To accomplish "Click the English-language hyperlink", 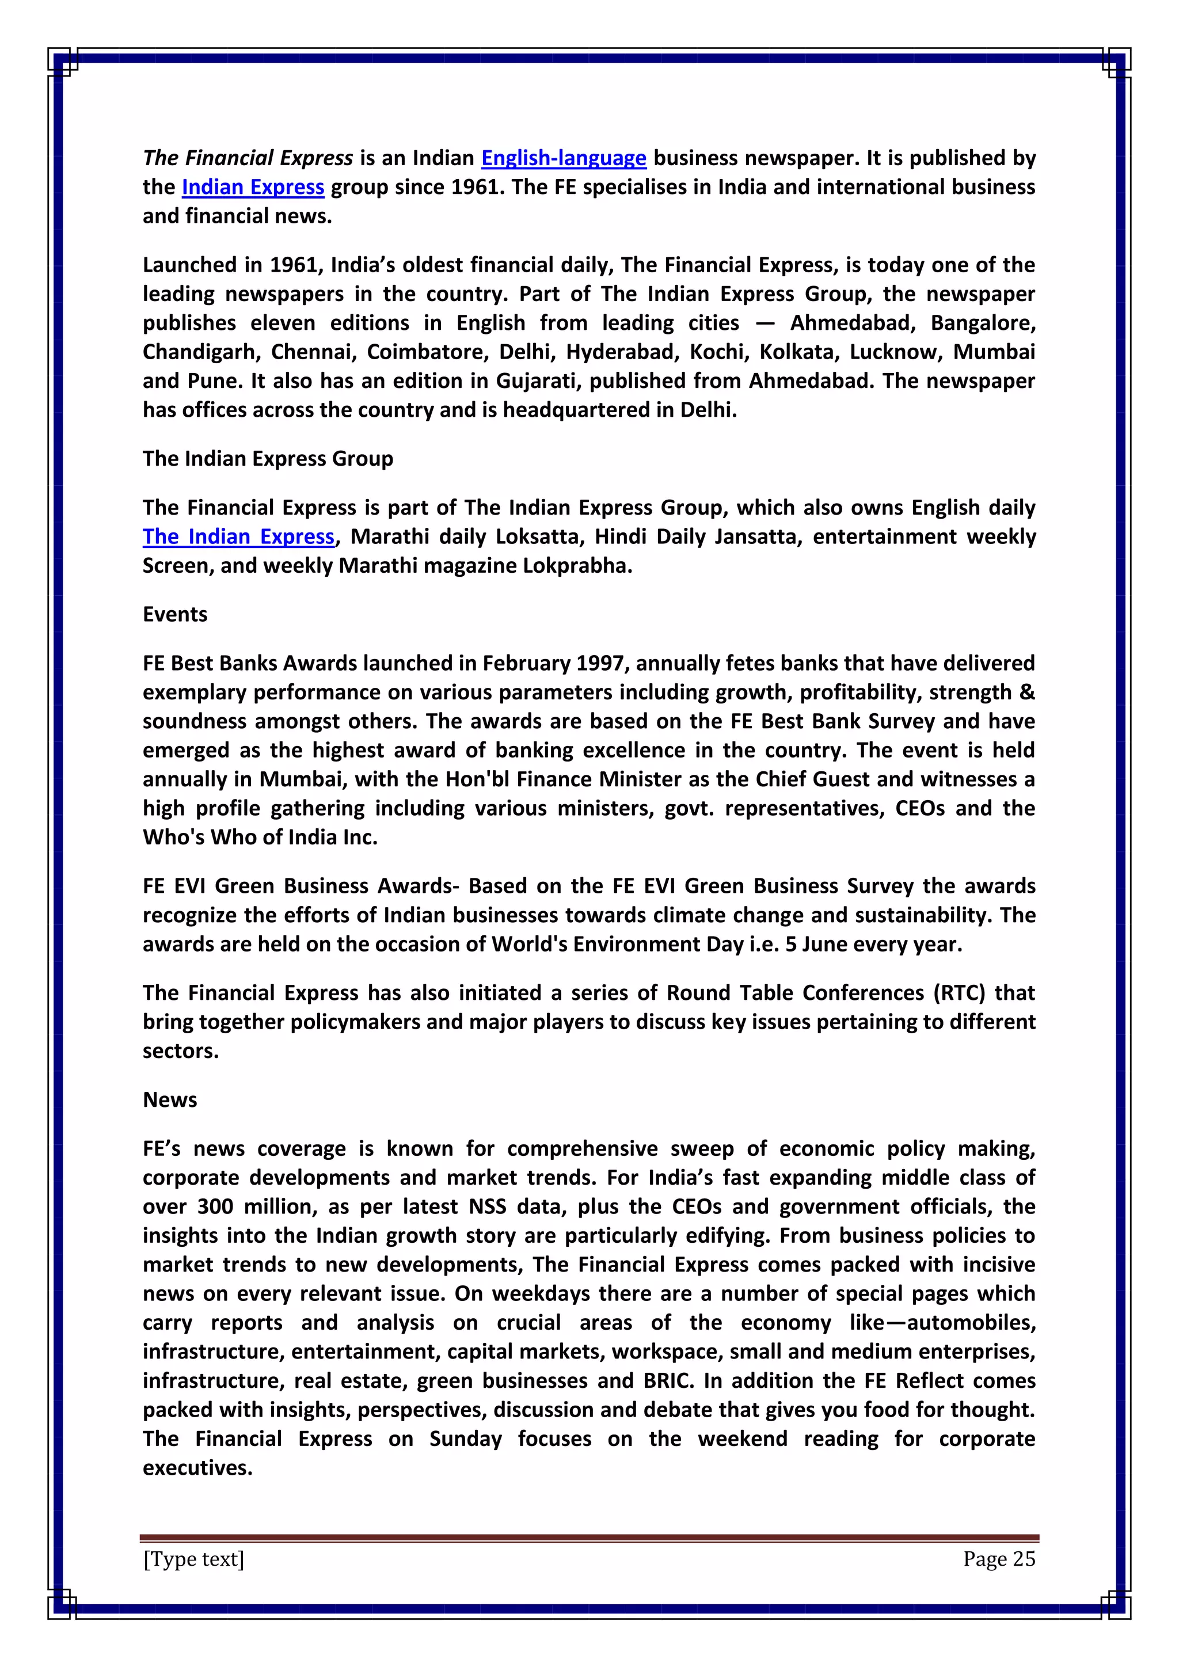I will click(x=564, y=158).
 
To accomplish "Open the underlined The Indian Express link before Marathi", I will click(x=238, y=536).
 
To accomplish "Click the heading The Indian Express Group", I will click(x=267, y=459).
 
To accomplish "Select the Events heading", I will click(x=175, y=614).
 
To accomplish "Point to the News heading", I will click(x=170, y=1099).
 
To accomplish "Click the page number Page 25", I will click(x=999, y=1558).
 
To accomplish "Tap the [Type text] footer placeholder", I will click(x=194, y=1558).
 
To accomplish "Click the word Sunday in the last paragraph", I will click(x=465, y=1438).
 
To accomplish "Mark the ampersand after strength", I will click(x=1026, y=692).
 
